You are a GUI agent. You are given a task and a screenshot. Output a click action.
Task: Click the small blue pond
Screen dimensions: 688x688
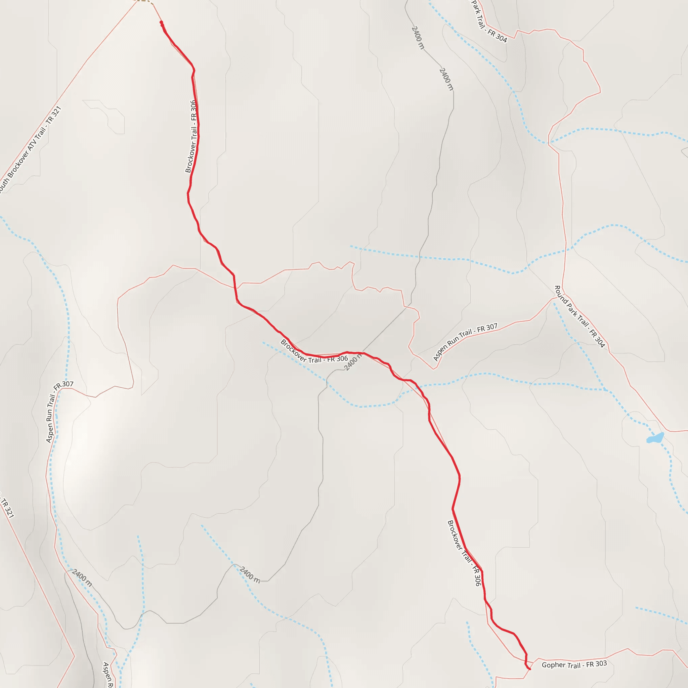(655, 438)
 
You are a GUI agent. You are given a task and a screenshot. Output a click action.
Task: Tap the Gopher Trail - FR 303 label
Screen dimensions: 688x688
(574, 664)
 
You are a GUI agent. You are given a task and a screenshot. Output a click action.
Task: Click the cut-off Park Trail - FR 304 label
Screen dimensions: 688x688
(489, 21)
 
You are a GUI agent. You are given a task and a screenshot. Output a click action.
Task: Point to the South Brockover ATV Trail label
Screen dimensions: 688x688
(31, 150)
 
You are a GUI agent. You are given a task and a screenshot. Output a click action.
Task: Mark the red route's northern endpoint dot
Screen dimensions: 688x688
(161, 23)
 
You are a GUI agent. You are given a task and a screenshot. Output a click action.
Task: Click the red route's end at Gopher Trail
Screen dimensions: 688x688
(529, 669)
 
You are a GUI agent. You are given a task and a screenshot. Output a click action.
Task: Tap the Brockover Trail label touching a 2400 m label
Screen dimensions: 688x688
(314, 352)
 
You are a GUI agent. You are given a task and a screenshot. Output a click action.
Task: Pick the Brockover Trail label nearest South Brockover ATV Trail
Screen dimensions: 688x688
(191, 136)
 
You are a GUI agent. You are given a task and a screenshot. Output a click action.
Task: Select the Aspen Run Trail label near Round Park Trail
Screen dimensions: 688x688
(465, 342)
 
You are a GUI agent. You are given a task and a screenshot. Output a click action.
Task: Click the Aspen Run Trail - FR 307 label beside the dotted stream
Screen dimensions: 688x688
(59, 413)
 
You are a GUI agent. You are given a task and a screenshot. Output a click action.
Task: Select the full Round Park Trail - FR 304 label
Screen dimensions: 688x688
(579, 316)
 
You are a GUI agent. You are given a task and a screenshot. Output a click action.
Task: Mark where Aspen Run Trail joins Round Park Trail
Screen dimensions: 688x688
(552, 298)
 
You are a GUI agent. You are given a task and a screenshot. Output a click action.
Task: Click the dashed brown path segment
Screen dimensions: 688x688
(144, 1)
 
